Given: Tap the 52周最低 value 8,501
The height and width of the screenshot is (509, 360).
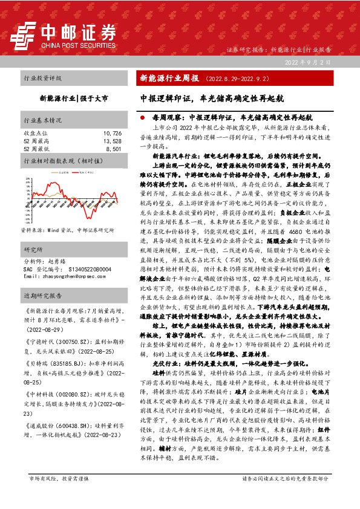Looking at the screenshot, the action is pyautogui.click(x=114, y=148).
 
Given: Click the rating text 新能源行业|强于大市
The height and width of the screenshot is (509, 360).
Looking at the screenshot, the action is pyautogui.click(x=74, y=97).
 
